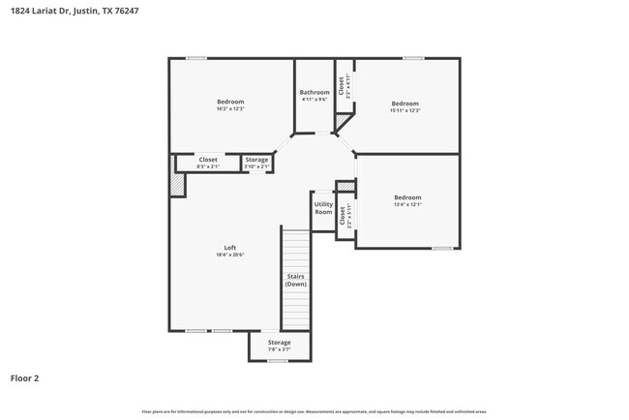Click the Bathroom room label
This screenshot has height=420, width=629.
[x=314, y=92]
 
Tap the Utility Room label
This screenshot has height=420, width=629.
[x=323, y=208]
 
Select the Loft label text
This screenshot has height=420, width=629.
[x=230, y=248]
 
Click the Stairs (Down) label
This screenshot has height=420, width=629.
[x=296, y=281]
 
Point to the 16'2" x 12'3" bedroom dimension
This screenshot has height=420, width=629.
[x=230, y=109]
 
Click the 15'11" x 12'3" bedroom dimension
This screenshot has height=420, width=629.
[x=404, y=110]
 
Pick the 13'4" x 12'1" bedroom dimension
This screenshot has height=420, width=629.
[x=407, y=204]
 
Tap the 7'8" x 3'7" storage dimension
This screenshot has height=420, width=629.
[x=279, y=349]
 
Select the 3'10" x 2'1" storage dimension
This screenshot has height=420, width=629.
[x=256, y=166]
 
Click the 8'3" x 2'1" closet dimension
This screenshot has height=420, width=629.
[x=208, y=166]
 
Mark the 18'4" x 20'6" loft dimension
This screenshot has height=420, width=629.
[x=230, y=255]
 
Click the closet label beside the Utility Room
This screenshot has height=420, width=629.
[x=343, y=216]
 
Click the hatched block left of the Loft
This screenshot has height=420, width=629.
[x=177, y=185]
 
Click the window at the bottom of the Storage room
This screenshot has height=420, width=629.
[x=279, y=360]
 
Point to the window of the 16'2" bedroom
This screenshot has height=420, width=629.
[x=196, y=58]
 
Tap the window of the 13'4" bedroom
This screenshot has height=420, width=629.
[x=442, y=249]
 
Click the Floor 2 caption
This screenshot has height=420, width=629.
[x=25, y=378]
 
